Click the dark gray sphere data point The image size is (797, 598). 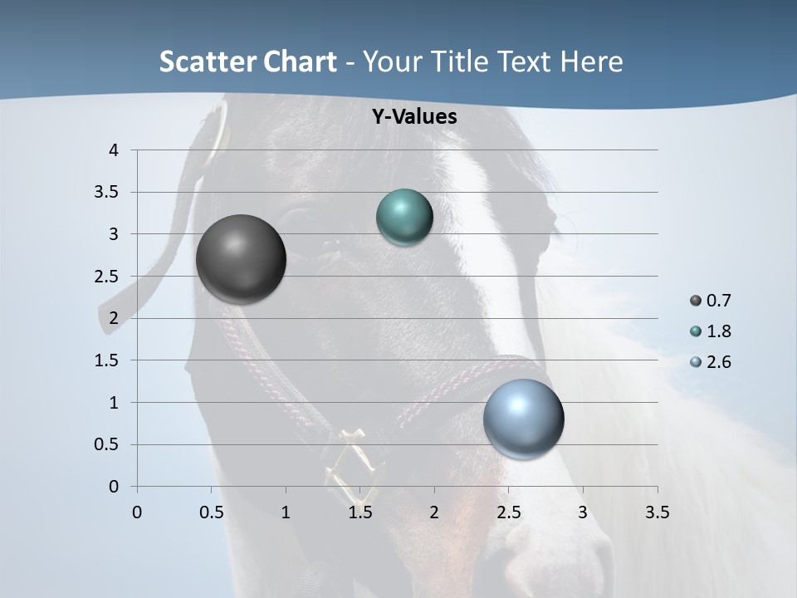pos(241,258)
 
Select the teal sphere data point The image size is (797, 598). pos(404,218)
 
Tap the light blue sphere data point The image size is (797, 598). pos(523,419)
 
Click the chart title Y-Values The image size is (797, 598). pos(413,117)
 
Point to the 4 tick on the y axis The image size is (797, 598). pos(114,150)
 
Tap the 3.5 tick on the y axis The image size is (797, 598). pos(107,193)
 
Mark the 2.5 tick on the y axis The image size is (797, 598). pos(107,277)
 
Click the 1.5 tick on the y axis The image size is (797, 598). pos(107,360)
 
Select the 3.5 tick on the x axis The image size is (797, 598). pos(657,512)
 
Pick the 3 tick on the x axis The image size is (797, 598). pos(583,512)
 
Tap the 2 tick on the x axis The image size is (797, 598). pos(434,512)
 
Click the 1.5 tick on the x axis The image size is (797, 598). pos(359,512)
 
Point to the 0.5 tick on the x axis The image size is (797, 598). pos(211,512)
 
